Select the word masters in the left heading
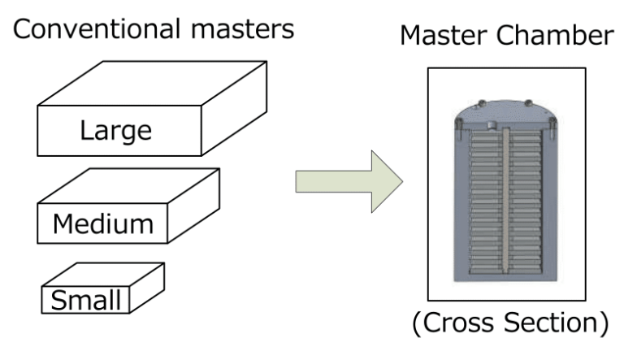point(243,29)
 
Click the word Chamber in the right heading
point(556,38)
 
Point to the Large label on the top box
point(115,130)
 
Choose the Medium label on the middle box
point(103,223)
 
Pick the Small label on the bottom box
point(85,301)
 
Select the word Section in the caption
point(554,323)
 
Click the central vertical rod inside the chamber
point(505,203)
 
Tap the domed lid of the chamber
point(505,111)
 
